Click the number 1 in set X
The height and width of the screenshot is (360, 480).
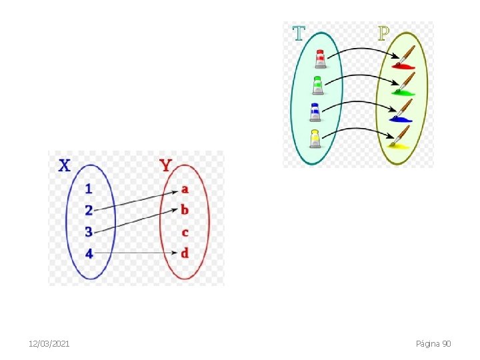[89, 189]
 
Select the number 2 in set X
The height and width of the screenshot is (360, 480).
[89, 210]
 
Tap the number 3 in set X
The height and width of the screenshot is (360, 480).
[89, 231]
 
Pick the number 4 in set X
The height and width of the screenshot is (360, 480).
[89, 253]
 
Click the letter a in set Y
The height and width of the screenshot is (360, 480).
[185, 189]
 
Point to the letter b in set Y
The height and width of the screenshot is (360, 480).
[185, 210]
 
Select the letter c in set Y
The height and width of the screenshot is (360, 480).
[185, 232]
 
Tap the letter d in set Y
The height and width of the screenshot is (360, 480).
[185, 253]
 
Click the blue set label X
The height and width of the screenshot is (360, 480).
[64, 165]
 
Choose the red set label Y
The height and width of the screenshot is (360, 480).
[166, 165]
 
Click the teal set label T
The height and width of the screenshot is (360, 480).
[299, 33]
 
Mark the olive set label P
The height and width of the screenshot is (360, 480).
[383, 33]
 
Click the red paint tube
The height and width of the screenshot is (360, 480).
[320, 59]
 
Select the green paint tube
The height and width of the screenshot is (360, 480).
[318, 85]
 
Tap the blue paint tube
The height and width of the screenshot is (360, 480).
[316, 111]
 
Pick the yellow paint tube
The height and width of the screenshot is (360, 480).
[315, 138]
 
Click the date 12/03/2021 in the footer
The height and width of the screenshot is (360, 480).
[49, 343]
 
